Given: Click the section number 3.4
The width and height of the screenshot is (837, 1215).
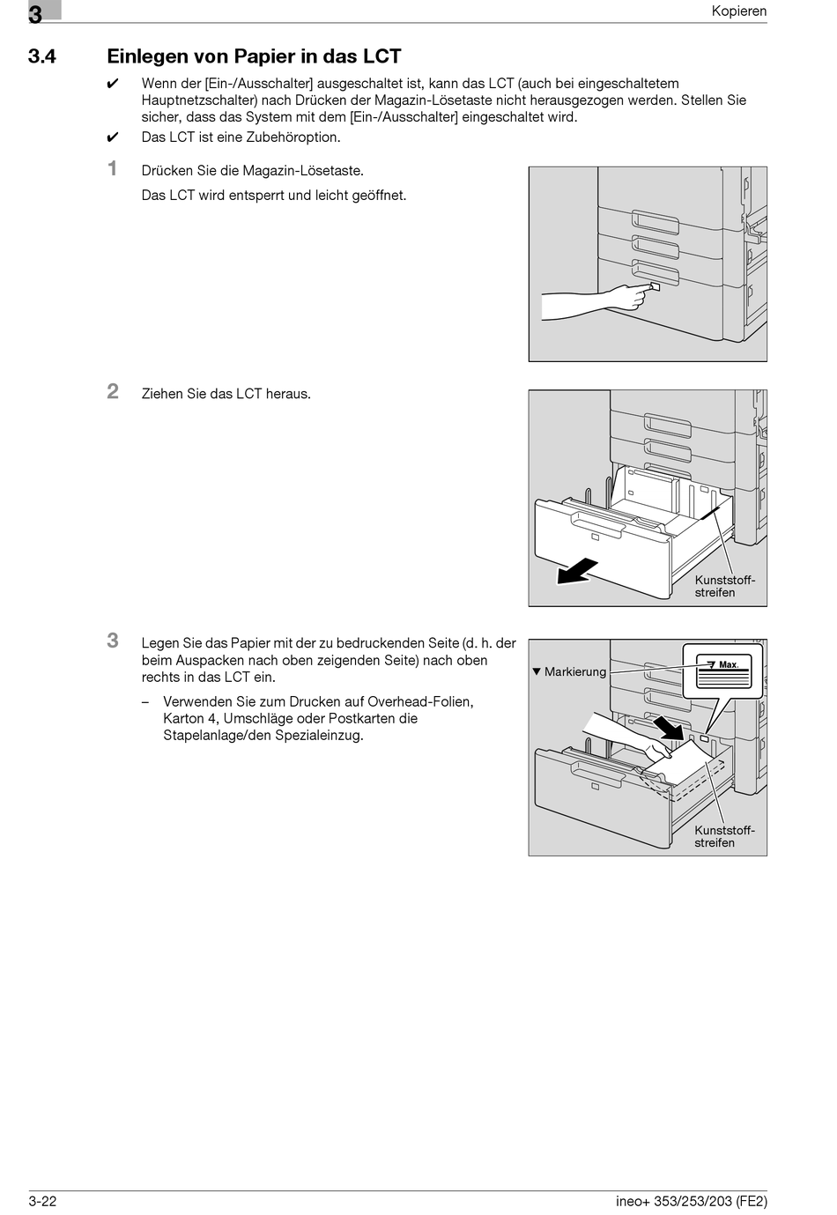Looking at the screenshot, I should [x=42, y=57].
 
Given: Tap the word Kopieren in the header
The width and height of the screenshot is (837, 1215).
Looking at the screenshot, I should [x=739, y=11].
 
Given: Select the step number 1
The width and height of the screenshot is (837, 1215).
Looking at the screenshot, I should [x=113, y=169].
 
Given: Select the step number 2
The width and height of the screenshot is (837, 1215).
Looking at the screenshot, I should [x=113, y=392].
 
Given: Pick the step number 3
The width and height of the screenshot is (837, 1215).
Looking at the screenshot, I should [x=113, y=641].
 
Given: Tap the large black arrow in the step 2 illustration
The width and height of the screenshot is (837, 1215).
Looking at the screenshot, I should [x=577, y=571].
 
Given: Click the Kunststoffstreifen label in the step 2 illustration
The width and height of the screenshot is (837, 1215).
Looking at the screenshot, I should [x=724, y=586].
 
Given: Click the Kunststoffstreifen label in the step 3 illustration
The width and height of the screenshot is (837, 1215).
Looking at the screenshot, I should [x=724, y=836].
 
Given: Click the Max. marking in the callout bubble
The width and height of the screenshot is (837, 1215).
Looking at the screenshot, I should [x=728, y=664].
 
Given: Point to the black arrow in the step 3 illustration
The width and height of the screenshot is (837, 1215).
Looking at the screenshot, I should [x=669, y=726].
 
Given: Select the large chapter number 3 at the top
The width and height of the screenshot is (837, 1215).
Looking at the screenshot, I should [x=35, y=13].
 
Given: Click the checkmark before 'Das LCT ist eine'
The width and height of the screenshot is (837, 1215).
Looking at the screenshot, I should [x=112, y=137].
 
